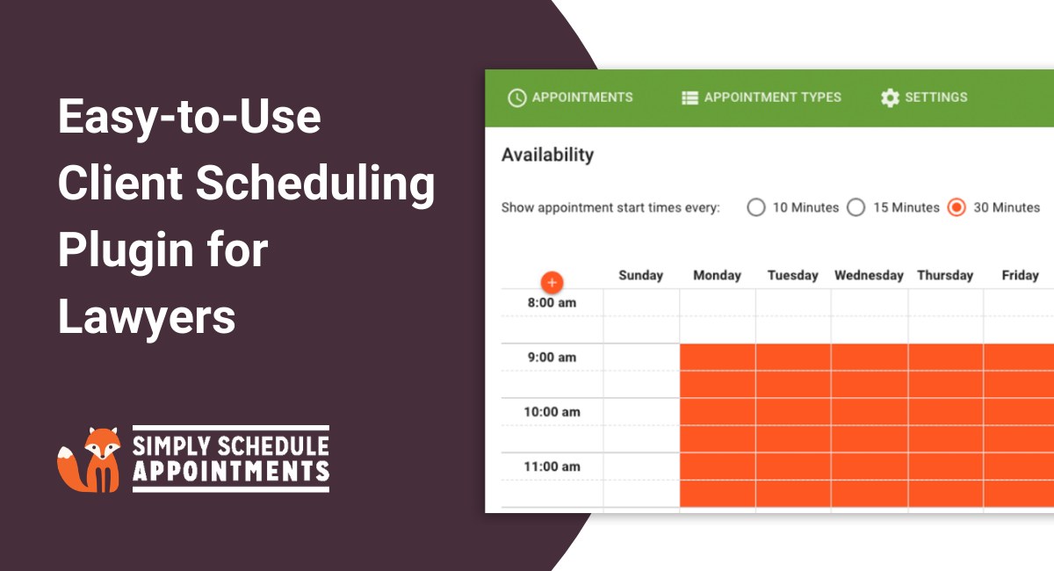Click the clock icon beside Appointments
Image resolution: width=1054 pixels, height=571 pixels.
(517, 98)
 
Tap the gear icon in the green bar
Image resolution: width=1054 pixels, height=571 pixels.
(890, 98)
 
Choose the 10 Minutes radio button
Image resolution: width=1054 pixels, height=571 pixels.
(755, 208)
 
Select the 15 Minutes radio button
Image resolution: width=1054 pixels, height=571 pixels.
(855, 208)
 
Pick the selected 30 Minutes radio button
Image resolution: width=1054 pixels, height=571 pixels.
(957, 208)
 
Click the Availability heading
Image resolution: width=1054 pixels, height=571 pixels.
(547, 155)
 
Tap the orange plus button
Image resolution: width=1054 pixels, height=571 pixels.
(552, 283)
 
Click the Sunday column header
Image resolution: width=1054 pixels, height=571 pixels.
(640, 276)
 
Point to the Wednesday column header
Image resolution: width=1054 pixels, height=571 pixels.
(869, 276)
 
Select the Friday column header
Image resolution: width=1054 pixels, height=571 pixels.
(1020, 276)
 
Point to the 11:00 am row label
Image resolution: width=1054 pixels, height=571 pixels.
(552, 466)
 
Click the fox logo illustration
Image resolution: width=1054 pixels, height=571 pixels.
(92, 459)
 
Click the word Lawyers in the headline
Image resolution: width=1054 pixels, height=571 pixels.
(147, 316)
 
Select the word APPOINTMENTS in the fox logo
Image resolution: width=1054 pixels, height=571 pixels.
(230, 472)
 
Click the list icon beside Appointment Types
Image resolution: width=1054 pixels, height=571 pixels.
(689, 98)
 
